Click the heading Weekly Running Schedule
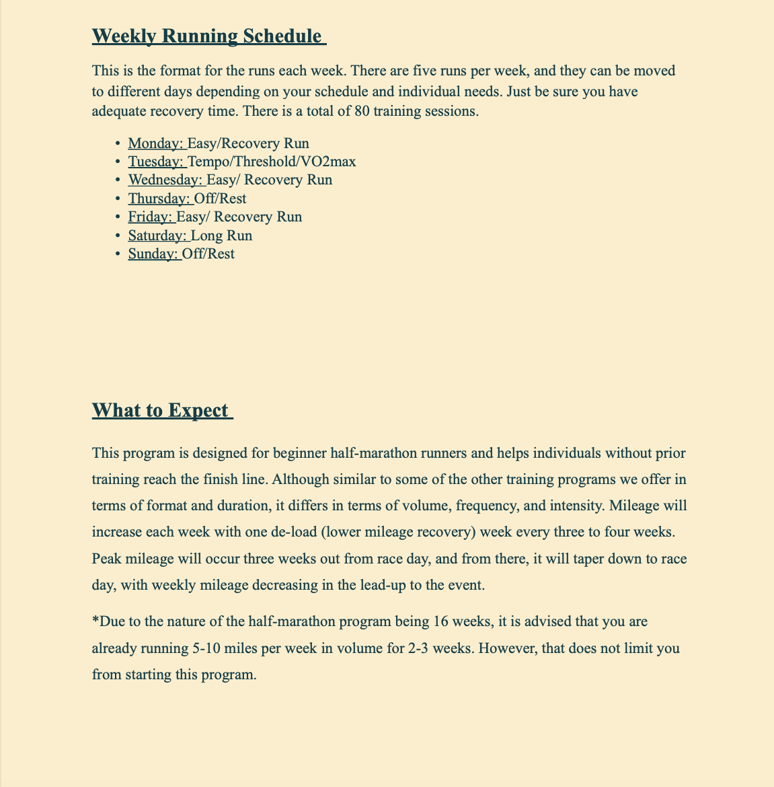(x=208, y=36)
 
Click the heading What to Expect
(x=161, y=410)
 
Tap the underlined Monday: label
(x=156, y=143)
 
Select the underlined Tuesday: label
(x=156, y=162)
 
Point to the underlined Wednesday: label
(x=165, y=180)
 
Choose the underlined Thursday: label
(x=159, y=199)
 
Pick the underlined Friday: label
(x=151, y=217)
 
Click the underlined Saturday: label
(x=158, y=236)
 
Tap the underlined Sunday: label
(x=153, y=254)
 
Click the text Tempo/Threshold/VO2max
(x=272, y=162)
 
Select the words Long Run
(x=222, y=236)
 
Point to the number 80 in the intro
(x=356, y=112)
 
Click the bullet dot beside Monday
(x=118, y=143)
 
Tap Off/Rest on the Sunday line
(x=208, y=254)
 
